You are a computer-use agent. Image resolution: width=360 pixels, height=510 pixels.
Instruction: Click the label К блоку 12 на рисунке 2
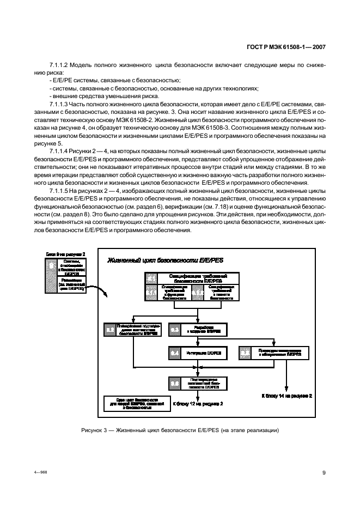[198, 404]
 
